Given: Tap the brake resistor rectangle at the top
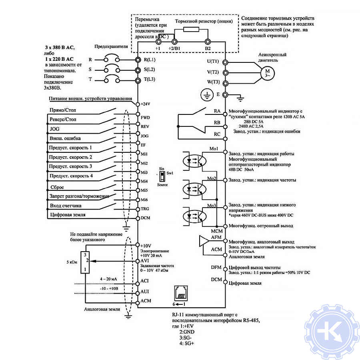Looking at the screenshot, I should click(191, 30).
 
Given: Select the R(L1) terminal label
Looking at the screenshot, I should click(149, 60).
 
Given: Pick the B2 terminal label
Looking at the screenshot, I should click(208, 48).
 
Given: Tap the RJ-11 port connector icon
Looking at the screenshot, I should click(181, 293).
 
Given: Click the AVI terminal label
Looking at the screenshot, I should click(144, 261).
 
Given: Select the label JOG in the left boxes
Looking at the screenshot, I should click(54, 129).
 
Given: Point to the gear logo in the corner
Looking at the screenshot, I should click(332, 332).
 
